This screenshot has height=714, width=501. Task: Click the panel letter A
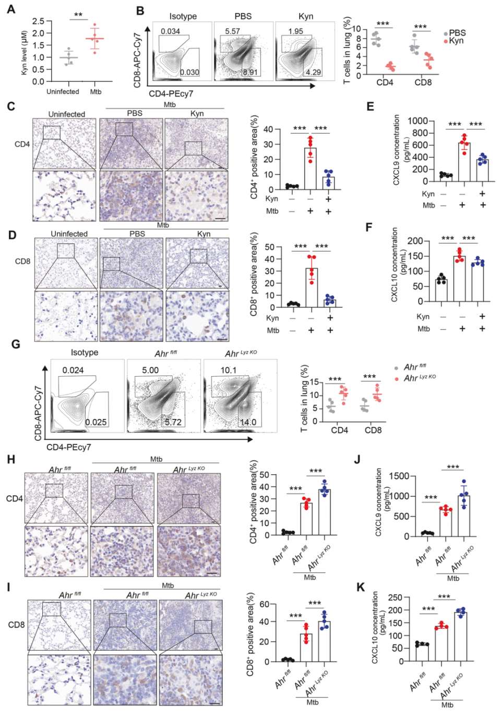(10, 9)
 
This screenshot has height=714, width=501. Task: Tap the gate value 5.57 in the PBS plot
(233, 31)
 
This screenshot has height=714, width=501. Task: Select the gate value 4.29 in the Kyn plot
(314, 72)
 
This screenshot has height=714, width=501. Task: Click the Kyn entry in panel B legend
(456, 41)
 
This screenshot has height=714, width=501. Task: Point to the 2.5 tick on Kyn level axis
(38, 21)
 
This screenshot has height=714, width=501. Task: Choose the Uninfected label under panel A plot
(63, 92)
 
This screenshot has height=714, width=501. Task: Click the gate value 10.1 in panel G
(229, 370)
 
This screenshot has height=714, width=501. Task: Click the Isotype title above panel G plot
(85, 353)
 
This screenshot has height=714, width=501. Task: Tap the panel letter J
(357, 459)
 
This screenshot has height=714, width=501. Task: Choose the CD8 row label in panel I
(16, 625)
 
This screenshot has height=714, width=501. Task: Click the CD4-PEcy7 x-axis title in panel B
(171, 93)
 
